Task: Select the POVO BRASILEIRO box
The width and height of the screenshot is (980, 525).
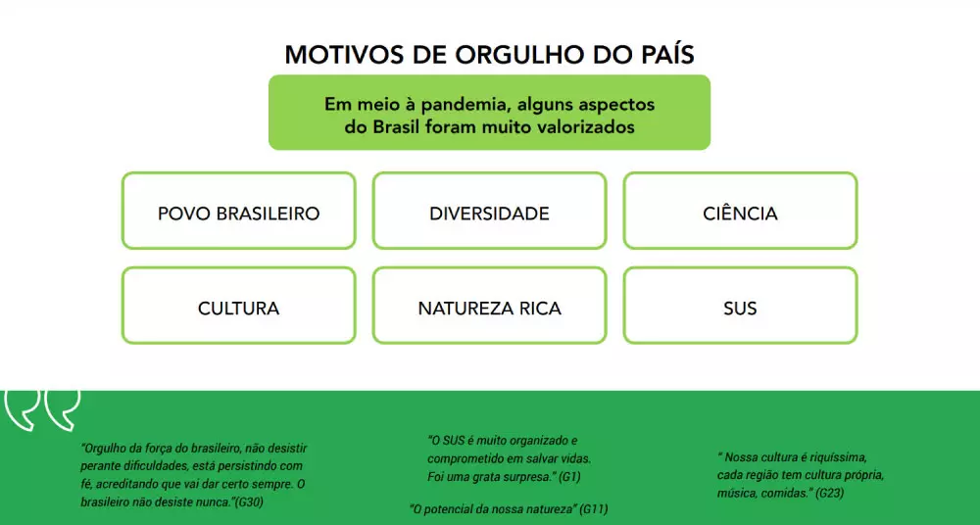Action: pos(238,213)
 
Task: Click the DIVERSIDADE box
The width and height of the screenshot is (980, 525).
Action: pos(489,213)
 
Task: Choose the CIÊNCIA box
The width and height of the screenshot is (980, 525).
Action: pos(740,213)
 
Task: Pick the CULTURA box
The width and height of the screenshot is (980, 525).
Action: pos(238,308)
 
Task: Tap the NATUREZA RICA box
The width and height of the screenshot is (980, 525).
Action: pos(489,308)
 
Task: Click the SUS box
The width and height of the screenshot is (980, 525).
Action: pos(740,308)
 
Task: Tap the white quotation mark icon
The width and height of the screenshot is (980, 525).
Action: pos(42,408)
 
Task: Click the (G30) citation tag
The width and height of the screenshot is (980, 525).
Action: pos(249,501)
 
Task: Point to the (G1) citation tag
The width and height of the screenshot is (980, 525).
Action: pos(569,476)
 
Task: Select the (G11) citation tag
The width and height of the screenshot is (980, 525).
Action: pos(594,509)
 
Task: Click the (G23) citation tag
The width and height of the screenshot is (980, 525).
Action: pos(830,493)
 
